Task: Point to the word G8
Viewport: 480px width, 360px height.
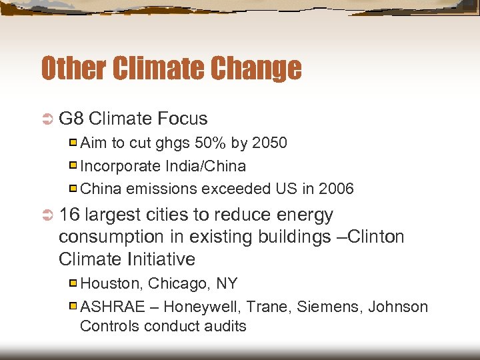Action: point(71,119)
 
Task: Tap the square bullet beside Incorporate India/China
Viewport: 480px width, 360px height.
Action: point(73,165)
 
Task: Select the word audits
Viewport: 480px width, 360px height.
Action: point(225,326)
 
